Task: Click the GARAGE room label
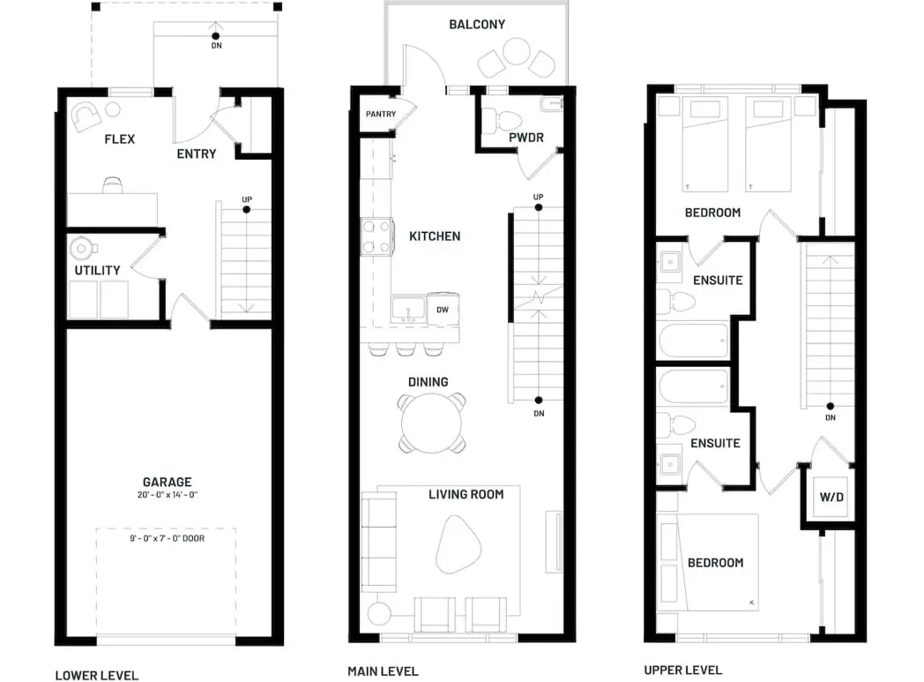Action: (x=167, y=482)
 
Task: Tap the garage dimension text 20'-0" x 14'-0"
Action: (x=168, y=495)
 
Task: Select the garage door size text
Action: (x=168, y=538)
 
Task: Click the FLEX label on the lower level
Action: (x=120, y=139)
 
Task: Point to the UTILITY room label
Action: (x=97, y=271)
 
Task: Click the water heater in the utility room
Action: (x=81, y=248)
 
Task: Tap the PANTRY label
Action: (x=381, y=114)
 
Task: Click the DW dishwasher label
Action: (x=443, y=310)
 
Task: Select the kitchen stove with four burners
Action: (x=377, y=236)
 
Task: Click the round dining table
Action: (x=431, y=423)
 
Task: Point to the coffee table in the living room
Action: (x=458, y=544)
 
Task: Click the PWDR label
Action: (x=526, y=138)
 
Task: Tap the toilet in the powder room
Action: (x=502, y=121)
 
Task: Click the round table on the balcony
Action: (x=516, y=51)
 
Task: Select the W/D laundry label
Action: (x=831, y=497)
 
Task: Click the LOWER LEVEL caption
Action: (x=97, y=676)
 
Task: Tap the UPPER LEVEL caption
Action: (x=683, y=671)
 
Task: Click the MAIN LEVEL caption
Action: (x=383, y=671)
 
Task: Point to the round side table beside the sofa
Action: (x=379, y=613)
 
